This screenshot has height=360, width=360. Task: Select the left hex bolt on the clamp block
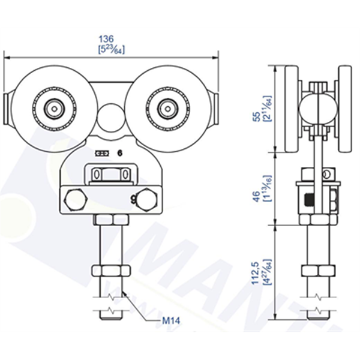pos(77,199)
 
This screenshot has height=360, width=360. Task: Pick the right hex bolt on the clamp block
pos(144,200)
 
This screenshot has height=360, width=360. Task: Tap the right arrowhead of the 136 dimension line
pos(214,58)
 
